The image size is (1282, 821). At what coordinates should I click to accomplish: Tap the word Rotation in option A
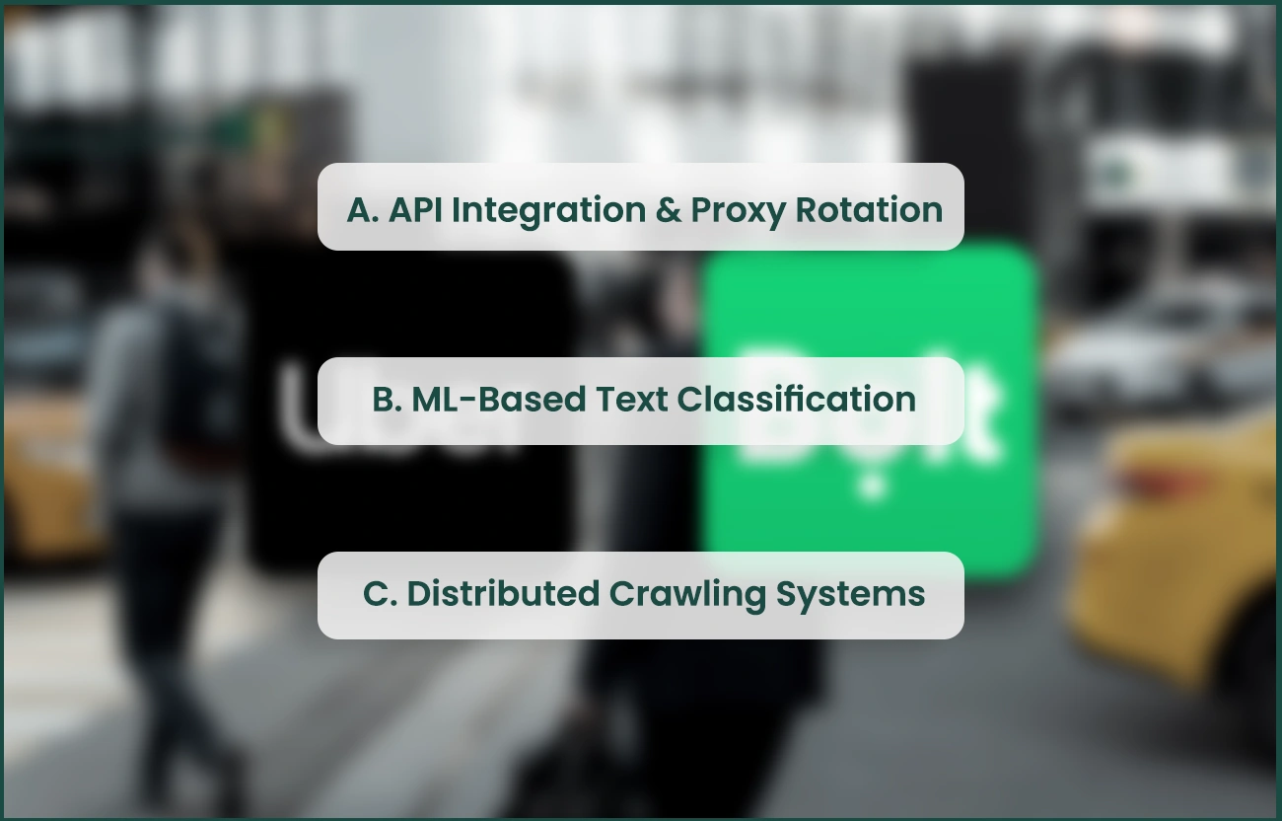pos(869,210)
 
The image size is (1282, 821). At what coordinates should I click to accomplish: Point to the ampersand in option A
pos(668,210)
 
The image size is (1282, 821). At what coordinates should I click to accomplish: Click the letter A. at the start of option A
pos(363,210)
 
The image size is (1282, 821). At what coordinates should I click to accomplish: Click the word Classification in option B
pos(796,400)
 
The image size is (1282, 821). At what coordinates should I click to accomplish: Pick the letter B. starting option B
pos(387,400)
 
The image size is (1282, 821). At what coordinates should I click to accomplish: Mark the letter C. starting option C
pos(379,594)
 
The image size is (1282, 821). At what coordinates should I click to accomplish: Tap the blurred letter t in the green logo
pos(982,414)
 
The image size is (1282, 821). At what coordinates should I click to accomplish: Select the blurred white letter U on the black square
pos(296,414)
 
